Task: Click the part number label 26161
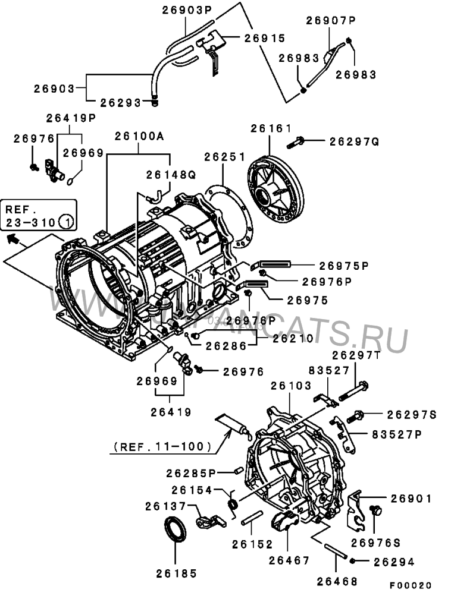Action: pos(270,128)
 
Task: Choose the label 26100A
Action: pos(139,136)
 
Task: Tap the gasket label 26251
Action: pos(224,157)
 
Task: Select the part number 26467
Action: pos(289,560)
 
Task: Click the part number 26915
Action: pos(264,37)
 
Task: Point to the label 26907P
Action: pos(331,21)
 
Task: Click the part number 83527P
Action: pos(396,434)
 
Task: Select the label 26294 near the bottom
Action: pos(394,561)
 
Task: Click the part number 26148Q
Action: pos(171,175)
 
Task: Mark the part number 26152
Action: pos(252,544)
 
